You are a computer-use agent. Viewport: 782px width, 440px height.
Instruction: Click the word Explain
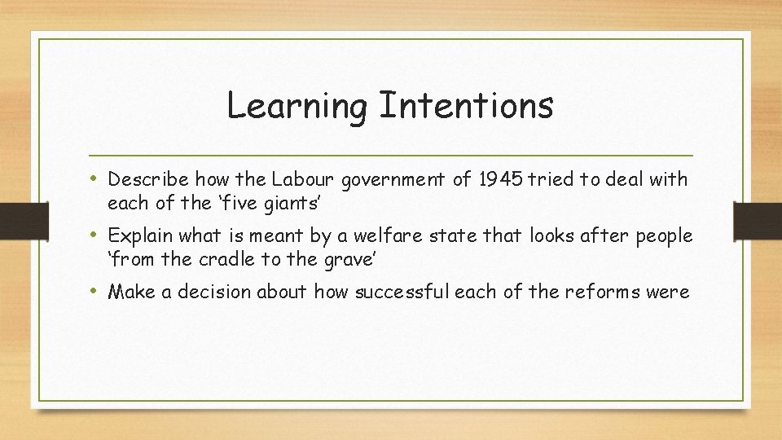click(x=138, y=236)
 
